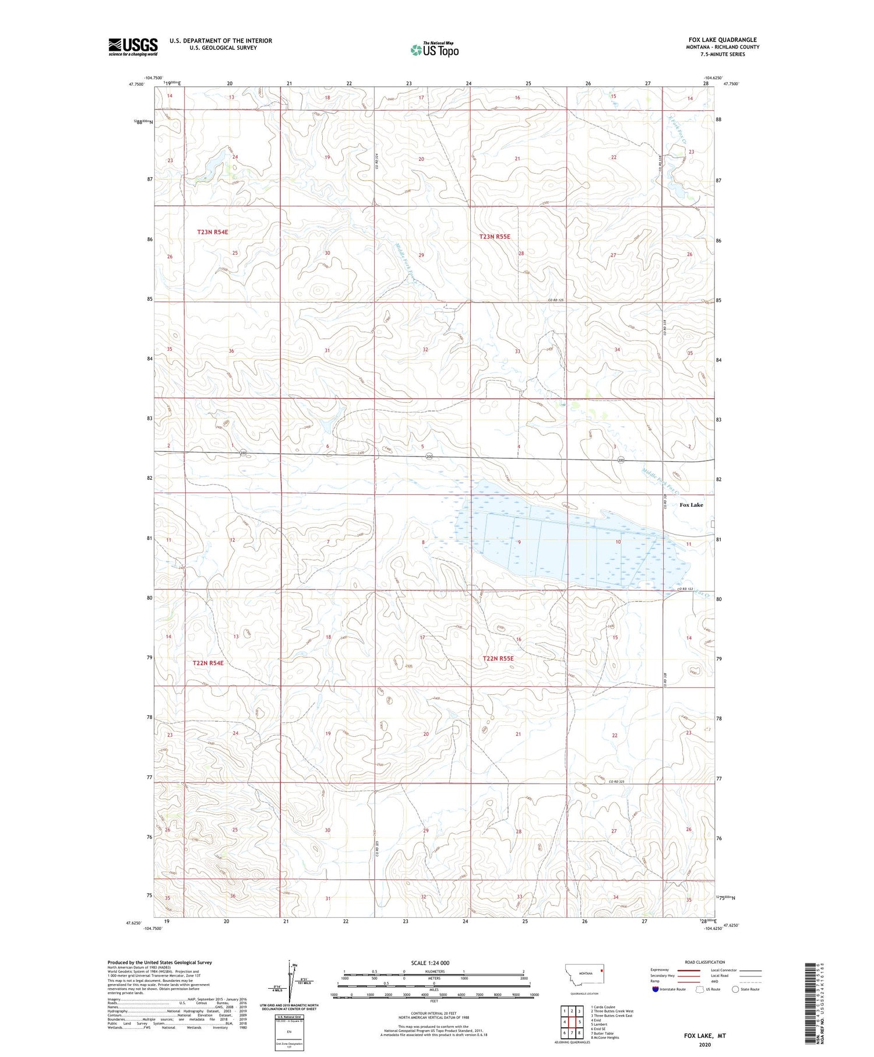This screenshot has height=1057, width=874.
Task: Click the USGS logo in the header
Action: pos(133,46)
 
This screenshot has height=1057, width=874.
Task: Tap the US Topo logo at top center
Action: pos(434,50)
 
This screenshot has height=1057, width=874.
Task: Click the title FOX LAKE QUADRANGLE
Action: pos(722,40)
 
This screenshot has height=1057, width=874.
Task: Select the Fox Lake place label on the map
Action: pos(691,505)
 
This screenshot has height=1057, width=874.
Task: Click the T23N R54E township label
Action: pos(212,232)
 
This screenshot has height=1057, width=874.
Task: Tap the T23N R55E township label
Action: pos(494,237)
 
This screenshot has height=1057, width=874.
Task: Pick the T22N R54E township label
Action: pos(208,663)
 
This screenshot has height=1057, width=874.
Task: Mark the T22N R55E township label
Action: pos(498,658)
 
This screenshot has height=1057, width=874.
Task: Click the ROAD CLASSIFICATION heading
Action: pos(705,962)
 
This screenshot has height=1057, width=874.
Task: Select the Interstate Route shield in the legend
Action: pos(655,989)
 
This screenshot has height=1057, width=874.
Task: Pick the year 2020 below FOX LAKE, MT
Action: pos(705,1044)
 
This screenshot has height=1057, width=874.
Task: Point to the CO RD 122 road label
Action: pos(686,589)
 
